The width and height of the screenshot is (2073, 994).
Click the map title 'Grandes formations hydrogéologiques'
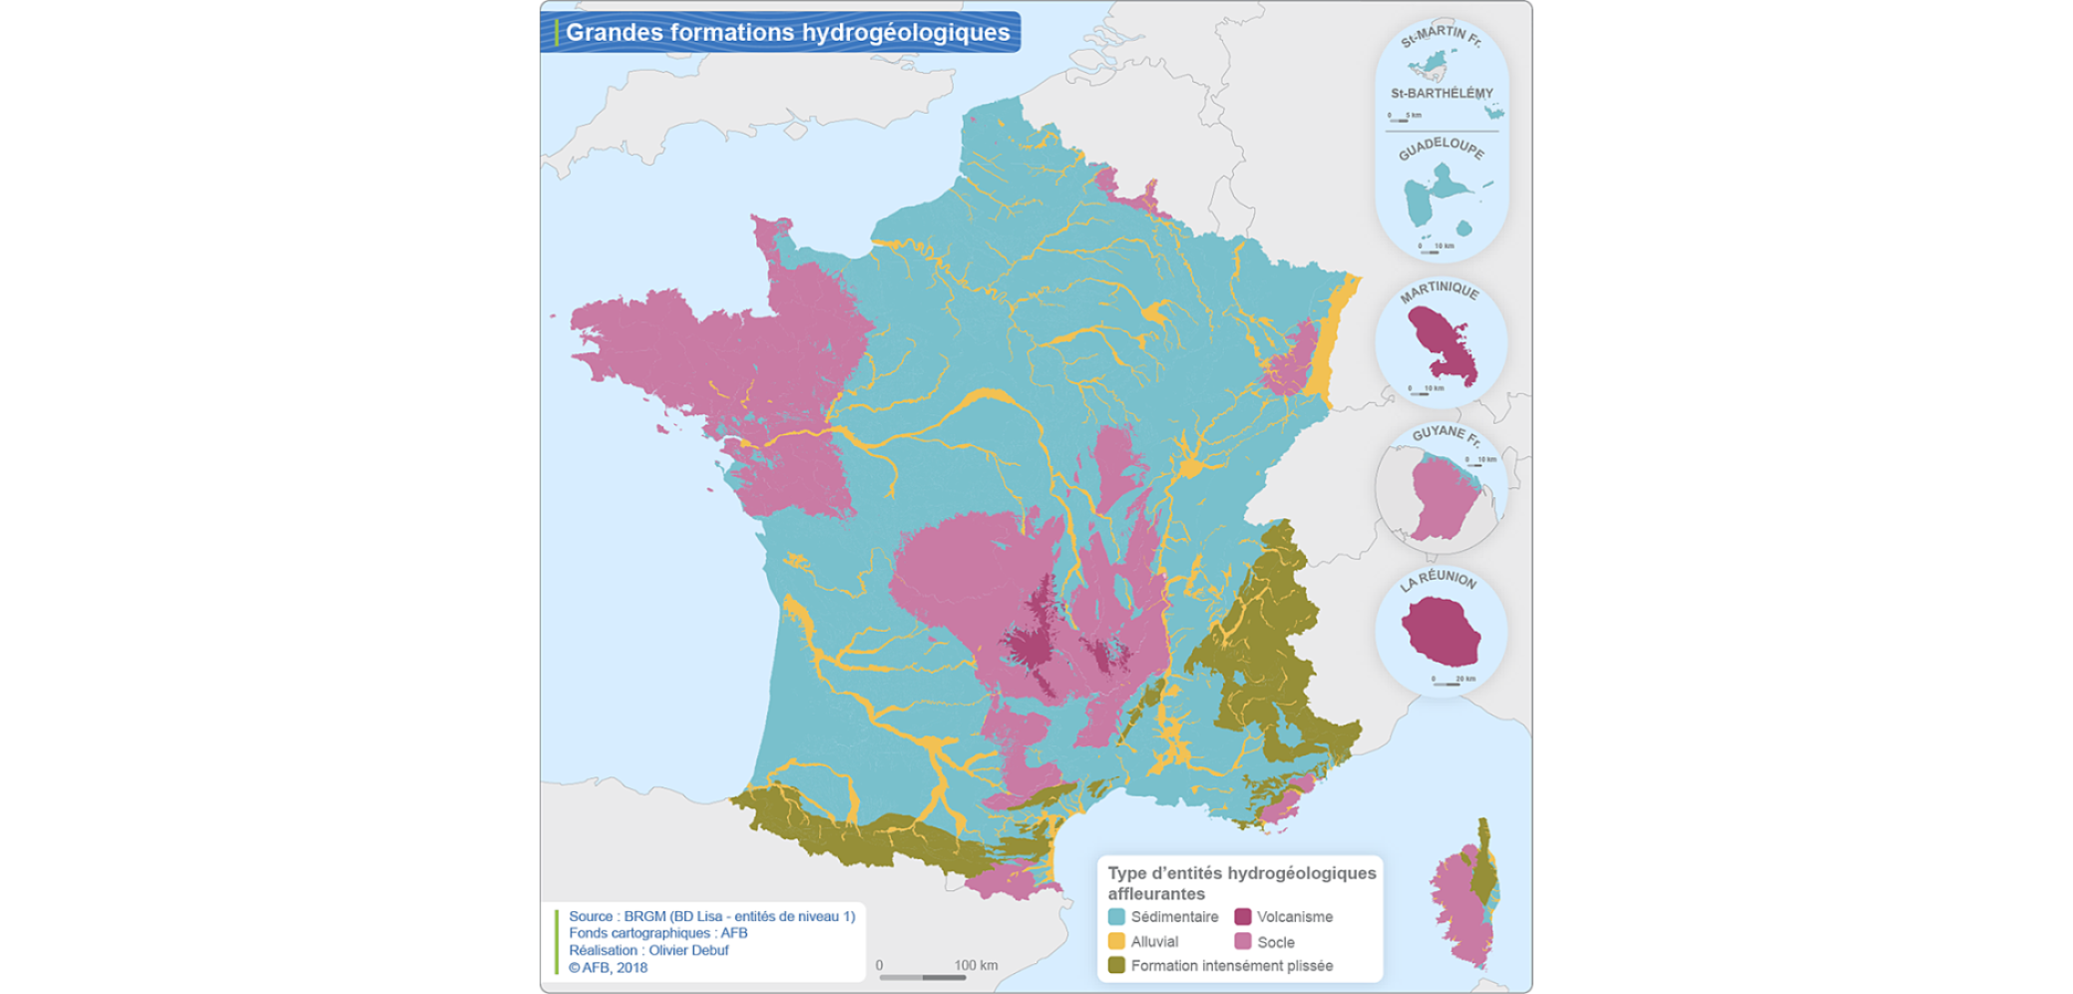pyautogui.click(x=787, y=33)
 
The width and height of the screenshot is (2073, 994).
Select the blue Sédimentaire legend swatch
pyautogui.click(x=1116, y=916)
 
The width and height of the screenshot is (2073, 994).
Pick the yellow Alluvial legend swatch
pyautogui.click(x=1116, y=941)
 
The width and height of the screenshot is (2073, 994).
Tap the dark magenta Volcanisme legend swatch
pyautogui.click(x=1242, y=916)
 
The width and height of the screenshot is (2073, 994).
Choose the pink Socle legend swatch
pyautogui.click(x=1242, y=941)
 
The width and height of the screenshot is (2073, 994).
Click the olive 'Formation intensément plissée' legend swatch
pyautogui.click(x=1116, y=965)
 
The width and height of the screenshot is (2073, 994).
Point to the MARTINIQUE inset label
pyautogui.click(x=1439, y=291)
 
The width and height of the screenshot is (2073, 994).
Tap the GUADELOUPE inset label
pyautogui.click(x=1441, y=148)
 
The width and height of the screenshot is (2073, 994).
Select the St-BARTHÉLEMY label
pyautogui.click(x=1442, y=93)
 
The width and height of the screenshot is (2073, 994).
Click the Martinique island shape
pyautogui.click(x=1441, y=345)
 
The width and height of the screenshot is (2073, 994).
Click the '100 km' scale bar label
pyautogui.click(x=976, y=965)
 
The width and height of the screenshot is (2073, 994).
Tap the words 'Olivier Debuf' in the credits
pyautogui.click(x=688, y=950)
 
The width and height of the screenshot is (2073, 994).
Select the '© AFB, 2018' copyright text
pyautogui.click(x=608, y=967)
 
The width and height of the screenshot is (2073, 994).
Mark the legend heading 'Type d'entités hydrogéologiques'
pyautogui.click(x=1241, y=873)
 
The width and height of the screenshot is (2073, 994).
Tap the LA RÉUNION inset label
pyautogui.click(x=1438, y=580)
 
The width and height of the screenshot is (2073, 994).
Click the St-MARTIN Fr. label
pyautogui.click(x=1441, y=37)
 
